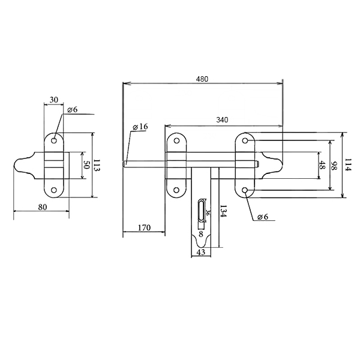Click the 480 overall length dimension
click(203, 77)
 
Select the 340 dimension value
click(222, 120)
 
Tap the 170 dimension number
click(145, 227)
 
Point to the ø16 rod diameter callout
click(140, 127)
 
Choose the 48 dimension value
click(322, 166)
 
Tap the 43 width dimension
click(201, 253)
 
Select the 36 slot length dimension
click(208, 212)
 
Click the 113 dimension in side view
click(96, 166)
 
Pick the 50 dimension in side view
click(86, 166)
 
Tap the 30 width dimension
click(55, 100)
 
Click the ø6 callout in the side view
click(72, 110)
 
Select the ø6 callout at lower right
click(262, 217)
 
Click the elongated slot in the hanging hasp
click(200, 213)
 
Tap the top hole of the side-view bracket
click(54, 141)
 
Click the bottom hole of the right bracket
click(245, 190)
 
